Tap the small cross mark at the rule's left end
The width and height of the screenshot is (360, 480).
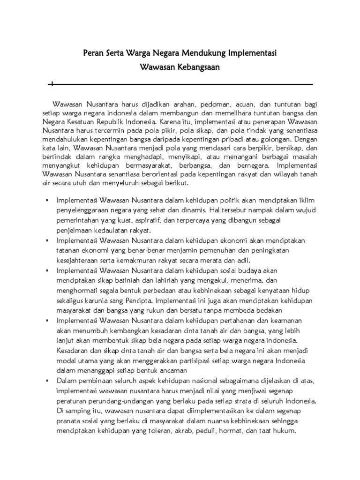click(x=52, y=84)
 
